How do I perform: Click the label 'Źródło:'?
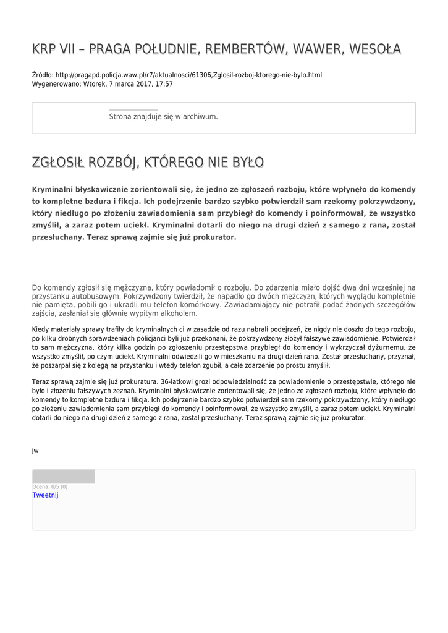pos(43,75)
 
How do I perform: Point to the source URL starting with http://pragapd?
pos(188,75)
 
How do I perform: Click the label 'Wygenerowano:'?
pos(56,84)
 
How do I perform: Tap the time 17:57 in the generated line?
pos(164,84)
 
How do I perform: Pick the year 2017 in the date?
pos(142,84)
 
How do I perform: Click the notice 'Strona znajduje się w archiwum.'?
pos(163,116)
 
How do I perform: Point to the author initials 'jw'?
pos(35,451)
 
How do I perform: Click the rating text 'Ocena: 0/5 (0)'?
pos(50,487)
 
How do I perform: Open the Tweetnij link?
pos(45,495)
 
